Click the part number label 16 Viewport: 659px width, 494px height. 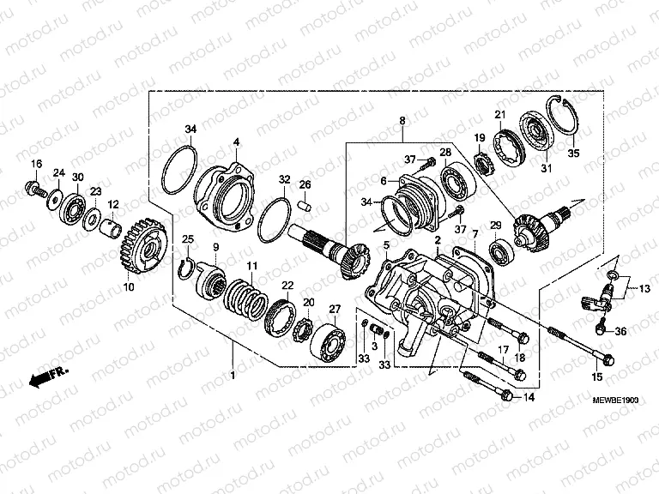(37, 164)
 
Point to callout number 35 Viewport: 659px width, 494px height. (574, 154)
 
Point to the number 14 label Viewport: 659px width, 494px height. (528, 397)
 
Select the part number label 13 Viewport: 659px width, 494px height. (644, 289)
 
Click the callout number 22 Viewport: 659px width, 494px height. (288, 286)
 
